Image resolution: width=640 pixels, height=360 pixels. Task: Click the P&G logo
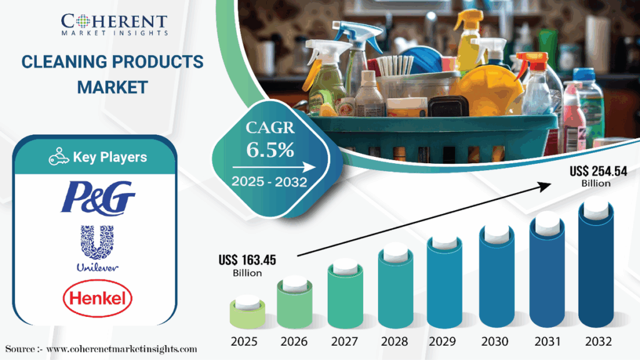pyautogui.click(x=98, y=198)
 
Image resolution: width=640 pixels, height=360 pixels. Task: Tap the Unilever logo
pyautogui.click(x=97, y=248)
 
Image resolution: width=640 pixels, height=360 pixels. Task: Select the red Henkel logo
pyautogui.click(x=97, y=298)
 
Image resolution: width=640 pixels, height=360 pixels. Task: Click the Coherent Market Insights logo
pyautogui.click(x=114, y=24)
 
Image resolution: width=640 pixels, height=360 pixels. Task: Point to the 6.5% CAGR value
pyautogui.click(x=270, y=150)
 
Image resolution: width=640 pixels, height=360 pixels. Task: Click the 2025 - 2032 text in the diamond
pyautogui.click(x=269, y=182)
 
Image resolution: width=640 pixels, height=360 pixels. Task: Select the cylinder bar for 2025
pyautogui.click(x=247, y=312)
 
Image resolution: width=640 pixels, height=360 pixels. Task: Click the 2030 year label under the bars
pyautogui.click(x=495, y=341)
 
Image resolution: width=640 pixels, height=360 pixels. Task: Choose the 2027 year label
pyautogui.click(x=344, y=341)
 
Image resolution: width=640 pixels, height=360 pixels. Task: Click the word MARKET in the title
pyautogui.click(x=112, y=87)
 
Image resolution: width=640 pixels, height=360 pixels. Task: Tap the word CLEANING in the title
pyautogui.click(x=64, y=62)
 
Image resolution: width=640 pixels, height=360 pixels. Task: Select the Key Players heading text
pyautogui.click(x=110, y=157)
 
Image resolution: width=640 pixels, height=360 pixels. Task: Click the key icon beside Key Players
pyautogui.click(x=59, y=157)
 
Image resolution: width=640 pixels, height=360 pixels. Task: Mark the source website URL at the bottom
pyautogui.click(x=122, y=349)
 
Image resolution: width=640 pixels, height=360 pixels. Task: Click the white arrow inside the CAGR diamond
pyautogui.click(x=274, y=167)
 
